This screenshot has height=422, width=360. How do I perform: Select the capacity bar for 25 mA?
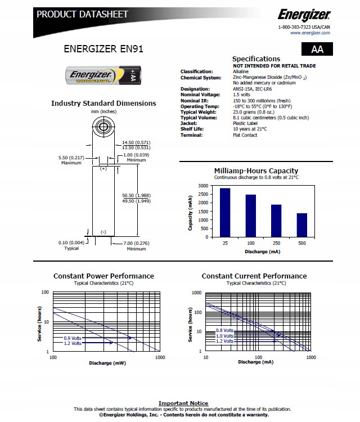(x=225, y=213)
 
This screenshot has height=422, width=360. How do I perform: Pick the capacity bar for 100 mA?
(x=251, y=216)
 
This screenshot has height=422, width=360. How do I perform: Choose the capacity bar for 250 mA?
(x=277, y=221)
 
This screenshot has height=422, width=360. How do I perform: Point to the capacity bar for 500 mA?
(x=302, y=225)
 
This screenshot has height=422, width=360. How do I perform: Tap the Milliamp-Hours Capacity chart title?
(x=256, y=171)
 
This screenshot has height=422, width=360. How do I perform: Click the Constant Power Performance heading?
(x=103, y=276)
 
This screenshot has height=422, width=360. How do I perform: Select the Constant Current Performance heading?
(x=254, y=276)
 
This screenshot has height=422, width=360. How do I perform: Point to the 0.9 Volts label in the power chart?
(x=73, y=338)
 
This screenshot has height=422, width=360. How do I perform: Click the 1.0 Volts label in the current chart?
(x=224, y=336)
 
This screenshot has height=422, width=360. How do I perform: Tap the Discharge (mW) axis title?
(x=107, y=363)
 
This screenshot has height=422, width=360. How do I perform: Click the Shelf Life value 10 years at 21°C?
(x=249, y=129)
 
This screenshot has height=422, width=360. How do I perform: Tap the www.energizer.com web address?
(x=310, y=33)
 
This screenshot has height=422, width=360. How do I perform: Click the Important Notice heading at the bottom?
(x=183, y=403)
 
